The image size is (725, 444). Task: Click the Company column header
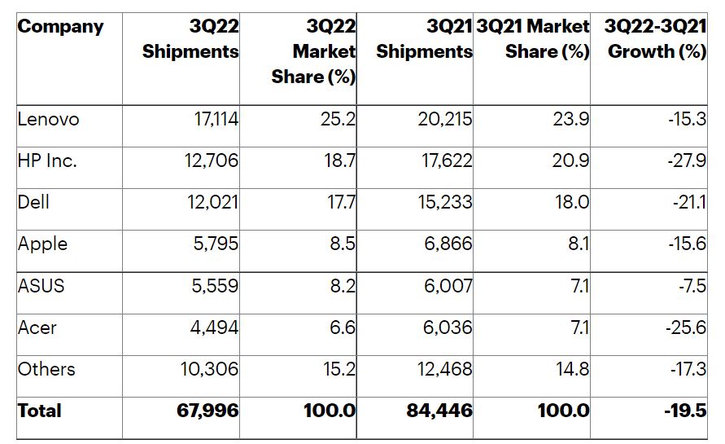pyautogui.click(x=61, y=26)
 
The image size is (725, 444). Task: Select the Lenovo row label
pyautogui.click(x=49, y=120)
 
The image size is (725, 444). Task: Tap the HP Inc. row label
pyautogui.click(x=47, y=161)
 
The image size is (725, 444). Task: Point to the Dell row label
pyautogui.click(x=33, y=202)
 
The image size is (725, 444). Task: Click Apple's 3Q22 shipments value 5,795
pyautogui.click(x=213, y=244)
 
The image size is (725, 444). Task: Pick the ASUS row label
pyautogui.click(x=41, y=286)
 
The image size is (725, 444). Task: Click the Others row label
pyautogui.click(x=46, y=369)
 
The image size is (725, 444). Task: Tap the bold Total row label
pyautogui.click(x=39, y=411)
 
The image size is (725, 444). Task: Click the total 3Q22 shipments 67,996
pyautogui.click(x=207, y=411)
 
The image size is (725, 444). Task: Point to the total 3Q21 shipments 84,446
pyautogui.click(x=439, y=411)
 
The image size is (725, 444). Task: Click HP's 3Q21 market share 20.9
pyautogui.click(x=571, y=161)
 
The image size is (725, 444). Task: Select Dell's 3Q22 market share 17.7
pyautogui.click(x=339, y=202)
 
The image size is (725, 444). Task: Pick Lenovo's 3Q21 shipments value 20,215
pyautogui.click(x=444, y=120)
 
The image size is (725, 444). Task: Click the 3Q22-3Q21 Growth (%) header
pyautogui.click(x=656, y=39)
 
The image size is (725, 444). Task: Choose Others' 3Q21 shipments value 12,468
pyautogui.click(x=444, y=369)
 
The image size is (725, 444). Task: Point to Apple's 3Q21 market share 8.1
pyautogui.click(x=579, y=244)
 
